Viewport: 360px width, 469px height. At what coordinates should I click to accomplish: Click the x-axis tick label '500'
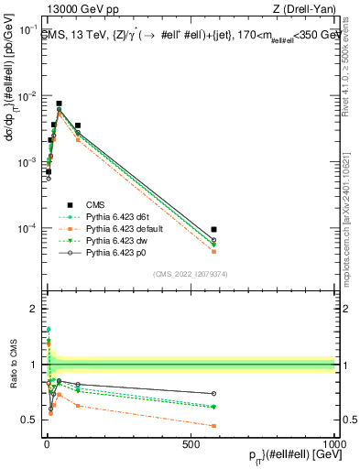click(x=191, y=443)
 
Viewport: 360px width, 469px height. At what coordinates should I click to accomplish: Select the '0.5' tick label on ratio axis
click(x=29, y=420)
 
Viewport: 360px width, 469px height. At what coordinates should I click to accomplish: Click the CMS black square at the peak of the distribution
click(x=59, y=104)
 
